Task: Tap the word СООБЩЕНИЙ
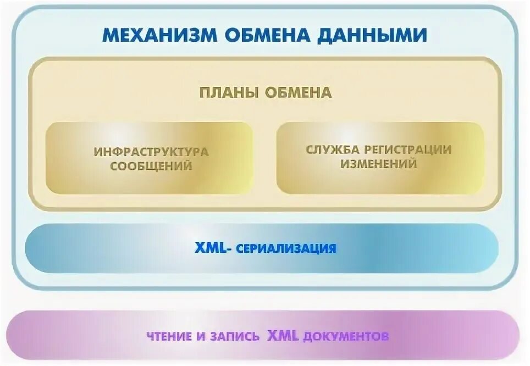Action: point(151,166)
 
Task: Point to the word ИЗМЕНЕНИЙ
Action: point(379,164)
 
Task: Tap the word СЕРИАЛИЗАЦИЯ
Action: point(286,248)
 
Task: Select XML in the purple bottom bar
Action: point(283,335)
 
